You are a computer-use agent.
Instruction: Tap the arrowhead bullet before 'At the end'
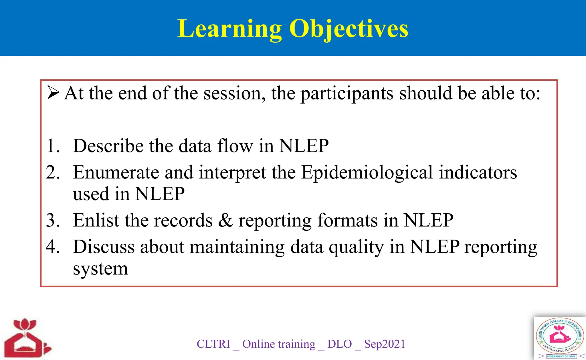click(53, 93)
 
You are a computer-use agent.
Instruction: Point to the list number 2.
click(53, 172)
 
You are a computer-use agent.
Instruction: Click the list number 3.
click(53, 220)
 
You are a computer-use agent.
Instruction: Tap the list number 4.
click(53, 246)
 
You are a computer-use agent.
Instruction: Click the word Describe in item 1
click(108, 146)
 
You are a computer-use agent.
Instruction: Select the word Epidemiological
click(367, 173)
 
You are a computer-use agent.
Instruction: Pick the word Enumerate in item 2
click(116, 172)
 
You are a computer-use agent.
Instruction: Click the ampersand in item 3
click(226, 220)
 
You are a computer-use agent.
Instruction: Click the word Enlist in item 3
click(96, 220)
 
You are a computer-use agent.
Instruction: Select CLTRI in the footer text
click(213, 344)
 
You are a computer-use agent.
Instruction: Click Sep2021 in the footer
click(385, 344)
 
